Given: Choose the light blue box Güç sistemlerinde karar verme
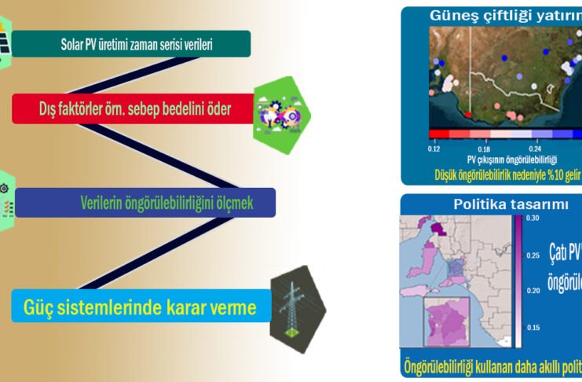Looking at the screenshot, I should pyautogui.click(x=141, y=307).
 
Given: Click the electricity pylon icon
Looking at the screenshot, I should pyautogui.click(x=296, y=309).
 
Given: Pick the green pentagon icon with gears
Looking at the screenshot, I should pyautogui.click(x=281, y=110).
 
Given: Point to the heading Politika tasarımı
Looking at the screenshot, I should pyautogui.click(x=500, y=204).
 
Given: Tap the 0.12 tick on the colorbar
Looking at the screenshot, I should pyautogui.click(x=434, y=147).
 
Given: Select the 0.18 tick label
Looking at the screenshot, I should pyautogui.click(x=484, y=148).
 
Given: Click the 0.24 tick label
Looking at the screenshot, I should pyautogui.click(x=535, y=148).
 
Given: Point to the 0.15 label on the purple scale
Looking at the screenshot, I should pyautogui.click(x=533, y=327).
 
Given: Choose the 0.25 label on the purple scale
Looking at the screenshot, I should pyautogui.click(x=533, y=255).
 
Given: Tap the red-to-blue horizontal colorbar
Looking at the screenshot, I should pyautogui.click(x=503, y=134).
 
